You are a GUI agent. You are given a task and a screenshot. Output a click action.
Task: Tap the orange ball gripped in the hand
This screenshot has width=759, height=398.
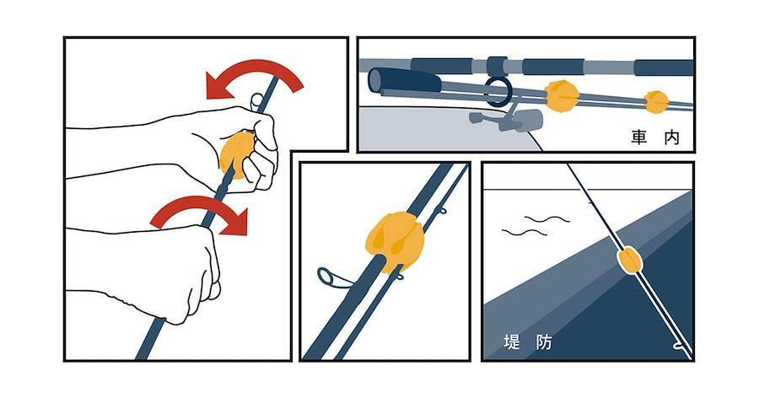236,154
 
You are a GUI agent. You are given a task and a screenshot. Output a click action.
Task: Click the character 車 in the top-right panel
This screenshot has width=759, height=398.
639,137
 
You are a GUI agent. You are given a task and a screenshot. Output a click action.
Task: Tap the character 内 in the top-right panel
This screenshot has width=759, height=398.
672,137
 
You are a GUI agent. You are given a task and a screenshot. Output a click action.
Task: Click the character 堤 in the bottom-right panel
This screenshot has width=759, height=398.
512,342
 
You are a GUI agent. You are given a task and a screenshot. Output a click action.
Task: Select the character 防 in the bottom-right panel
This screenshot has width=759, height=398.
544,342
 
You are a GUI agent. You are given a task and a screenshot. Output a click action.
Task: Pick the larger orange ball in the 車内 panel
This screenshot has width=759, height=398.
562,96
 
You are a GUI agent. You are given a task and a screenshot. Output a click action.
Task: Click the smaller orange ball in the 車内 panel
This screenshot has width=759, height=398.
656,102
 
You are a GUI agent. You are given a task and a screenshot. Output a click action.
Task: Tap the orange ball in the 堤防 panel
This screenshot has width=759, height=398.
629,260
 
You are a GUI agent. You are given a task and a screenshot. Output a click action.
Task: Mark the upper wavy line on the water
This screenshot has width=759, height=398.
547,219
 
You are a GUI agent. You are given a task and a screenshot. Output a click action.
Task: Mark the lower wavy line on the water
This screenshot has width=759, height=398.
525,233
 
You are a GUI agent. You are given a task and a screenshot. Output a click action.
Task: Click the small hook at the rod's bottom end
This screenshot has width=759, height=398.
679,347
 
